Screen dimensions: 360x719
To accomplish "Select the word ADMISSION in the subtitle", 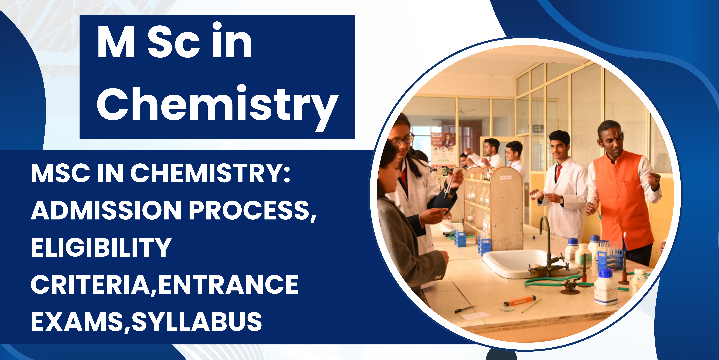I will point(106,210).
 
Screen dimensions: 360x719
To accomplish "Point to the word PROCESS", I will point(253,210).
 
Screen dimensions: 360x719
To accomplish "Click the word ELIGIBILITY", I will point(101,247).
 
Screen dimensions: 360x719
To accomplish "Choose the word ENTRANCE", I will point(228,285).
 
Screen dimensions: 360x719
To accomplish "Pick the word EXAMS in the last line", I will point(77,321).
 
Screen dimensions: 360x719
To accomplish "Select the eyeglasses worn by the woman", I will point(403,140).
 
